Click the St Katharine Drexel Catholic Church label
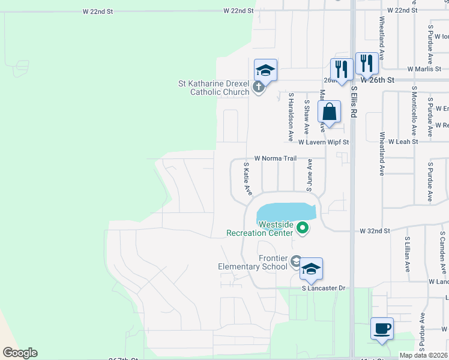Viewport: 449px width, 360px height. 213,88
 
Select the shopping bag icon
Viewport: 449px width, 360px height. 329,112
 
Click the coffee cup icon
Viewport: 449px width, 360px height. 382,329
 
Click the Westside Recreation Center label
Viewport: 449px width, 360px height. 260,229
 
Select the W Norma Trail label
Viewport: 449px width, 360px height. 275,158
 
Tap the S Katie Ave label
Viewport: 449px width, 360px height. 247,178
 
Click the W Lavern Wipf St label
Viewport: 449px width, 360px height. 324,142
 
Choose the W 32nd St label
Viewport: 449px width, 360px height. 375,230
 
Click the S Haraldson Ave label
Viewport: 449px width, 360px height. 291,116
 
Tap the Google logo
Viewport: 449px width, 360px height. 20,353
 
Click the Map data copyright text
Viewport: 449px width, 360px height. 424,355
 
